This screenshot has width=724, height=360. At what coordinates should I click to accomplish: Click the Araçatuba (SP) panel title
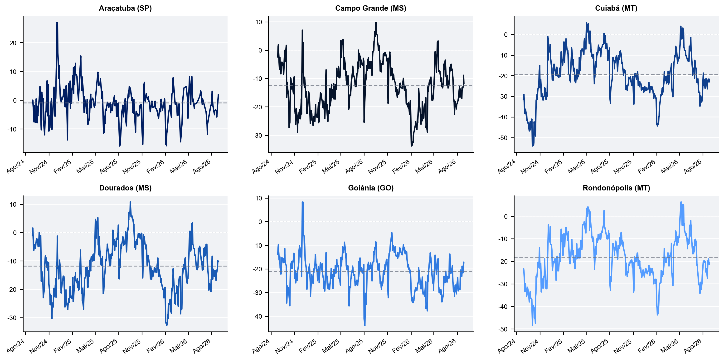point(125,8)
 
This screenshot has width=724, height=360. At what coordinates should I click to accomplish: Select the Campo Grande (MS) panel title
point(371,8)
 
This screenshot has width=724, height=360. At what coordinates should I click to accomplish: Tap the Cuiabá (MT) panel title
point(616,8)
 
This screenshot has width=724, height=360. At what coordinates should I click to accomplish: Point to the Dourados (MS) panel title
point(125,188)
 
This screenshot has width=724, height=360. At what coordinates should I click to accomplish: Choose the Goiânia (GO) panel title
point(371,188)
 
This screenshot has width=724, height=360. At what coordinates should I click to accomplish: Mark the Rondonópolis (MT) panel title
point(616,188)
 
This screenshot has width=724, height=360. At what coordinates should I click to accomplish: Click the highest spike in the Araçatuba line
point(57,23)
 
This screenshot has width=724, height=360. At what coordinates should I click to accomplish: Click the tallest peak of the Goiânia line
point(302,202)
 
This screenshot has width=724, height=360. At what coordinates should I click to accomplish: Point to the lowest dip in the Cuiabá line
point(532,146)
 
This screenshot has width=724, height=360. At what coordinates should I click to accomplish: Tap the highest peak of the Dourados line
point(130,202)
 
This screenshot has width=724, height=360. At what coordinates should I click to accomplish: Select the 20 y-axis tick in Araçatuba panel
point(13,43)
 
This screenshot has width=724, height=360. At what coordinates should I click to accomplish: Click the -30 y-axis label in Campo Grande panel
point(258,136)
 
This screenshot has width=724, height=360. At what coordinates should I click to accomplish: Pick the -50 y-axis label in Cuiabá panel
point(503,138)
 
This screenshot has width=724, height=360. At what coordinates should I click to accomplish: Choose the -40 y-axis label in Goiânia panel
point(258,316)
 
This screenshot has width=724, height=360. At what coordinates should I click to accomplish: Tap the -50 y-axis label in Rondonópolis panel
point(503,329)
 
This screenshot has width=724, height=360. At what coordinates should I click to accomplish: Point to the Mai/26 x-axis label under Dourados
point(178,346)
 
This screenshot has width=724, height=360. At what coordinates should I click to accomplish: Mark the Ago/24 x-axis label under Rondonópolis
point(506,346)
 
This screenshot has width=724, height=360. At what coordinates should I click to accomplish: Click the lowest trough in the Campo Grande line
point(411,146)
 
